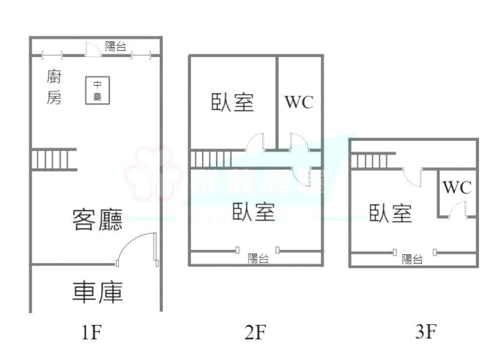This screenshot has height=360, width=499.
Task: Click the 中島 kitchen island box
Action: click(97, 91)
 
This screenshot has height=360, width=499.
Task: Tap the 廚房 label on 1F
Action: click(54, 87)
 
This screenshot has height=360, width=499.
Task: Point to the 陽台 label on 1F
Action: click(116, 47)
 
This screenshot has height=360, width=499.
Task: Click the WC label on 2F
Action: click(299, 102)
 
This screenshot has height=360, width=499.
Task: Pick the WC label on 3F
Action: click(457, 188)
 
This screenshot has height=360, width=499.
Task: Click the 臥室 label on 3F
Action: click(391, 213)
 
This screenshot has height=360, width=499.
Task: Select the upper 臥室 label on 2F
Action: click(233, 102)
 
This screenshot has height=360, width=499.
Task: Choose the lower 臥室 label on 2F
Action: click(253, 212)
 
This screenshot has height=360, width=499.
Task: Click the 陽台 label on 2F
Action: click(258, 259)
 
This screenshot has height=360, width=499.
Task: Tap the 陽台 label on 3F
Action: click(412, 259)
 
